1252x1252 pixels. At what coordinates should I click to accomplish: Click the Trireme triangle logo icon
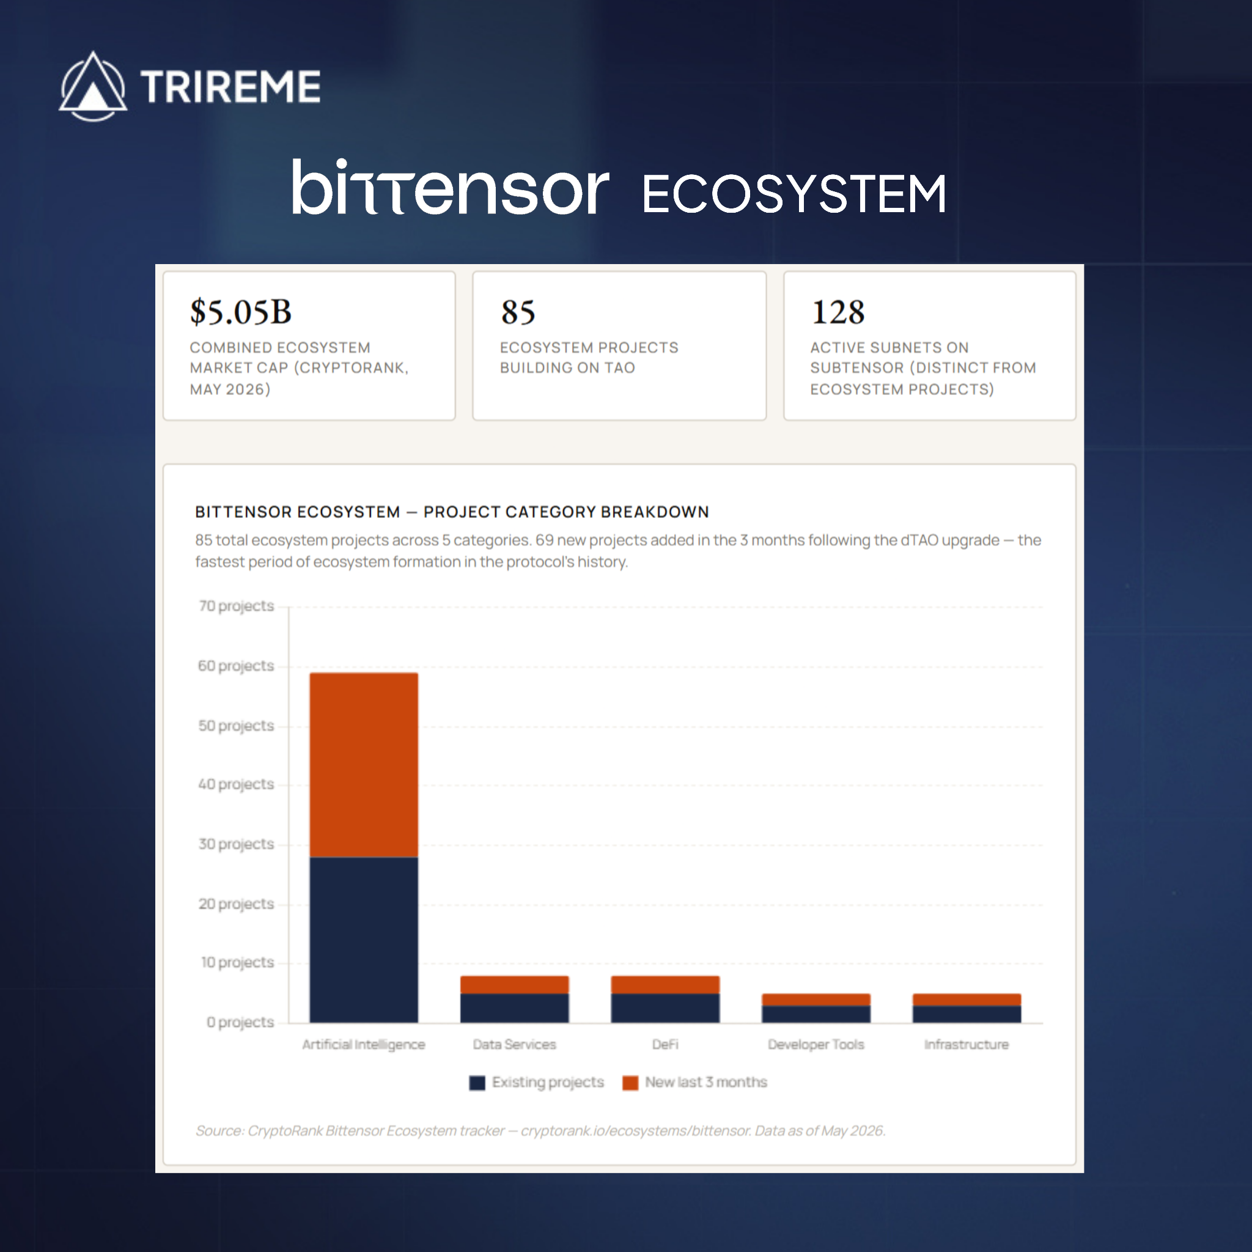pyautogui.click(x=94, y=87)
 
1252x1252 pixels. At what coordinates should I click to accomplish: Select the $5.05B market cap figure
pyautogui.click(x=240, y=312)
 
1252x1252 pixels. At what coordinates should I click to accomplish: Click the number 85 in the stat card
pyautogui.click(x=518, y=312)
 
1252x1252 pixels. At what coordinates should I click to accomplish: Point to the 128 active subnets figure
pyautogui.click(x=838, y=312)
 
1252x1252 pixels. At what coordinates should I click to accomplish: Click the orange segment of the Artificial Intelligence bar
pyautogui.click(x=364, y=765)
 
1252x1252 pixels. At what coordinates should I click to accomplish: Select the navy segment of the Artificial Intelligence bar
pyautogui.click(x=364, y=940)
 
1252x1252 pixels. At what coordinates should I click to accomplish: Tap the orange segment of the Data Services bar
pyautogui.click(x=515, y=984)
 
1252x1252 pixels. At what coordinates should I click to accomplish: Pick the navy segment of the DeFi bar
pyautogui.click(x=665, y=1008)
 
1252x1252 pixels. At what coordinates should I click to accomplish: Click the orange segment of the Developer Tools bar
pyautogui.click(x=816, y=1000)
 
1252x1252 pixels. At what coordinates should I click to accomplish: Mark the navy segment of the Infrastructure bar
pyautogui.click(x=967, y=1014)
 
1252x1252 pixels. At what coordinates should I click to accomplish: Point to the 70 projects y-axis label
pyautogui.click(x=237, y=606)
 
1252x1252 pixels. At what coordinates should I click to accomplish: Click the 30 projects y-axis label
pyautogui.click(x=237, y=844)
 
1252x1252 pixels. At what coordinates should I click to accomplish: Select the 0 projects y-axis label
pyautogui.click(x=240, y=1022)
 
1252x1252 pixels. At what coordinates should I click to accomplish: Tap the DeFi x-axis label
pyautogui.click(x=665, y=1044)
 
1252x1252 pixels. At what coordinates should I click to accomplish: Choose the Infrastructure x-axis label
pyautogui.click(x=967, y=1044)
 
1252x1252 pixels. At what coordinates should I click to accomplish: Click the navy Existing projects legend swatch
pyautogui.click(x=477, y=1083)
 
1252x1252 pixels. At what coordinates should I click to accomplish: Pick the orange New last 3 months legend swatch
pyautogui.click(x=630, y=1083)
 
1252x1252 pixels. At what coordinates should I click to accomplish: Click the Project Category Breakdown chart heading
pyautogui.click(x=452, y=512)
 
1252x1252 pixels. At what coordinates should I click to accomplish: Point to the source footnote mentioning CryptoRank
pyautogui.click(x=540, y=1131)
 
